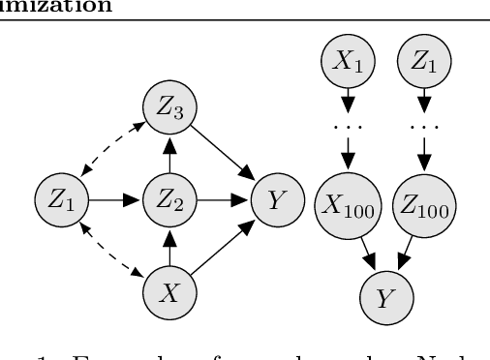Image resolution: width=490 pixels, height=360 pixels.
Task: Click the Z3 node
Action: click(168, 106)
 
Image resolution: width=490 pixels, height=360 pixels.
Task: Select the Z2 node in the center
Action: click(168, 200)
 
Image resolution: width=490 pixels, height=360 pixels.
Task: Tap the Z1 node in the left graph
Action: click(60, 200)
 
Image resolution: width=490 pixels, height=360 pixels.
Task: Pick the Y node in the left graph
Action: click(275, 200)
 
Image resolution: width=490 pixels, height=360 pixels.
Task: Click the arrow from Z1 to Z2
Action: click(113, 200)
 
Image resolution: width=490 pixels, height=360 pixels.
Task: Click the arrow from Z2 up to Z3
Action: click(168, 154)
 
